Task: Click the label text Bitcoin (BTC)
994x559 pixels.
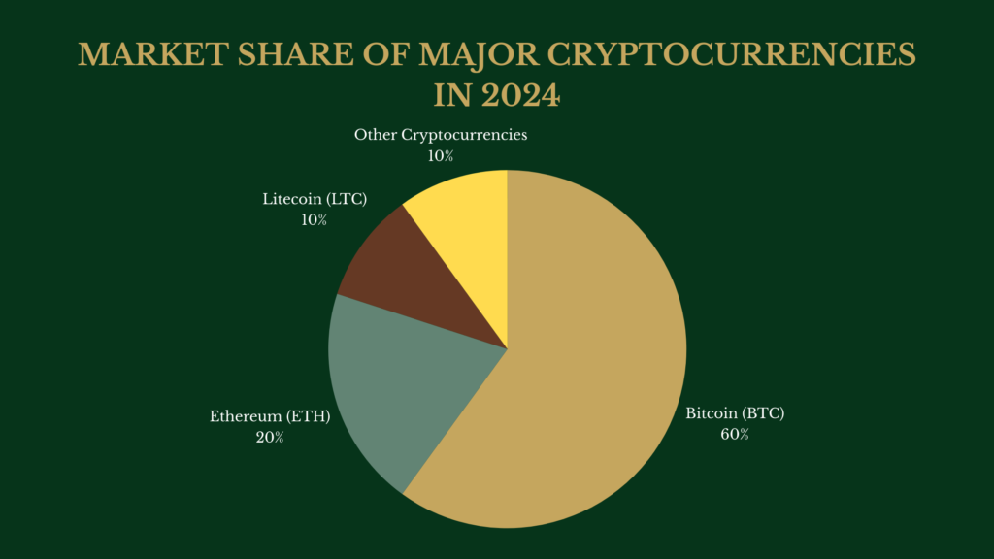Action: tap(735, 413)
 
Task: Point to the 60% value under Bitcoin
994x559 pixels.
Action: tap(735, 435)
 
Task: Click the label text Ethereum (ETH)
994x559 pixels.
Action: tap(270, 417)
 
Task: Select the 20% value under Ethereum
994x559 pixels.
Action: tap(270, 438)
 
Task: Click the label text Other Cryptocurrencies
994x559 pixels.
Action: tap(441, 135)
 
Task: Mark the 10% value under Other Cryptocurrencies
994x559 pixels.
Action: tap(441, 155)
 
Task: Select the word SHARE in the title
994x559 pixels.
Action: tap(269, 55)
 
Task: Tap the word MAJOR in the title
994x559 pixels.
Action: tap(473, 55)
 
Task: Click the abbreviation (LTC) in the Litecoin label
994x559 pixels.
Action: tap(348, 200)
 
